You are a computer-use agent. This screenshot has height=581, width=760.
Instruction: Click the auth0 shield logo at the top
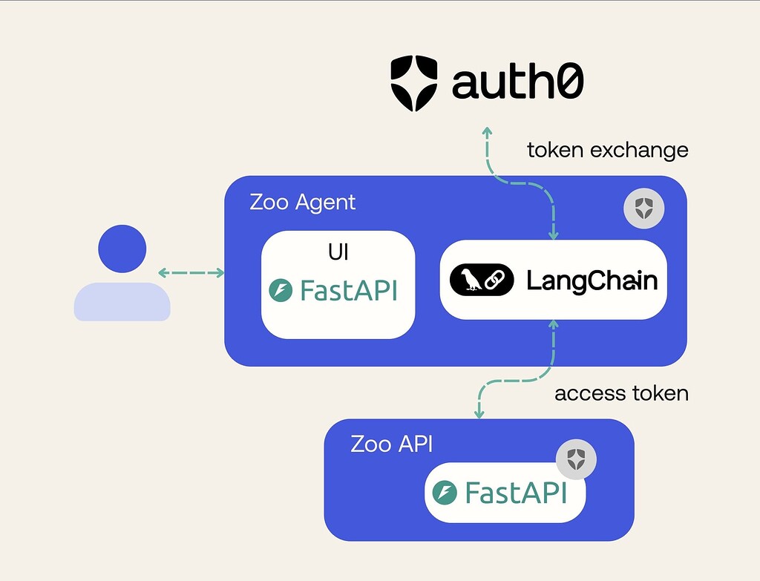click(x=416, y=82)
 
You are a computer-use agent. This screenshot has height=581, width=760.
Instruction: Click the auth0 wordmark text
click(x=517, y=83)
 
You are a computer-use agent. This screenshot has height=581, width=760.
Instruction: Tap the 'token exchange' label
click(x=607, y=151)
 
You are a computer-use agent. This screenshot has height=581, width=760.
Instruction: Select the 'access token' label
click(x=621, y=393)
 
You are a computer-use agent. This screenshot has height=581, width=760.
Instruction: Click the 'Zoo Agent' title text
click(x=302, y=202)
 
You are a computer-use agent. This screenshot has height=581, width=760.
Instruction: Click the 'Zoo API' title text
click(x=391, y=444)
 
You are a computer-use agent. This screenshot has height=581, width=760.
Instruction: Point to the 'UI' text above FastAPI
click(x=338, y=252)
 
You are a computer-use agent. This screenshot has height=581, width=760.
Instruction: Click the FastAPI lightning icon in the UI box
click(x=281, y=290)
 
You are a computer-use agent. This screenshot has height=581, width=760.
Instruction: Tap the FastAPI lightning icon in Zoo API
click(x=445, y=493)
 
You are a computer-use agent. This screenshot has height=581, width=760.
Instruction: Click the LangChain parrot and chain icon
click(x=482, y=280)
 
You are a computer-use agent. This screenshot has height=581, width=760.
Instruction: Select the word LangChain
click(x=592, y=280)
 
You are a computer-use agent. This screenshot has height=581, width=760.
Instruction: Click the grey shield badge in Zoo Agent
click(x=643, y=209)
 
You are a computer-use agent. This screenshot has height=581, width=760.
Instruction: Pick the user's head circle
click(x=122, y=249)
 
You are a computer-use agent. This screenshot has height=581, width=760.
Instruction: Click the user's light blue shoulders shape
click(x=122, y=302)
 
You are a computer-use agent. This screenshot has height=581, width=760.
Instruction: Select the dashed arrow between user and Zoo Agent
click(x=191, y=273)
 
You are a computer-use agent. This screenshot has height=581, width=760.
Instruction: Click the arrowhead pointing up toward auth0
click(x=488, y=131)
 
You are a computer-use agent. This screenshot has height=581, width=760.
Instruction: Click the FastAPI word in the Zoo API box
click(x=515, y=493)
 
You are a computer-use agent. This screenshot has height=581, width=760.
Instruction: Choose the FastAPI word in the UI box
click(x=348, y=290)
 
